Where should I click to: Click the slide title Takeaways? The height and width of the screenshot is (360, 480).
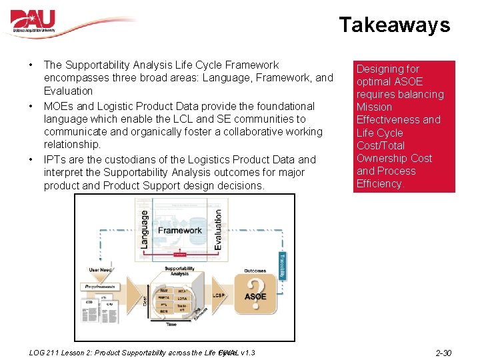(394, 25)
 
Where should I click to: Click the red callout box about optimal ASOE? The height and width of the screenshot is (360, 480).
(403, 126)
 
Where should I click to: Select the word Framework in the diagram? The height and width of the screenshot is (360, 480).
(179, 231)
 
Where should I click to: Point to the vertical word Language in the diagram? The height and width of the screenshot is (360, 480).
(145, 230)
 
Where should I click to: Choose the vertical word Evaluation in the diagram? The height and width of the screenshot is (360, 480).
(218, 230)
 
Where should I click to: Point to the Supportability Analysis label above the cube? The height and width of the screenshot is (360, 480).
(180, 271)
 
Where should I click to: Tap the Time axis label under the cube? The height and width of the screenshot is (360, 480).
(172, 324)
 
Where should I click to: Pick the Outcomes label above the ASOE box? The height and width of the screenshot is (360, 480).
(255, 271)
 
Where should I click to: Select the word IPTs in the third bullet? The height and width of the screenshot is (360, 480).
(55, 160)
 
